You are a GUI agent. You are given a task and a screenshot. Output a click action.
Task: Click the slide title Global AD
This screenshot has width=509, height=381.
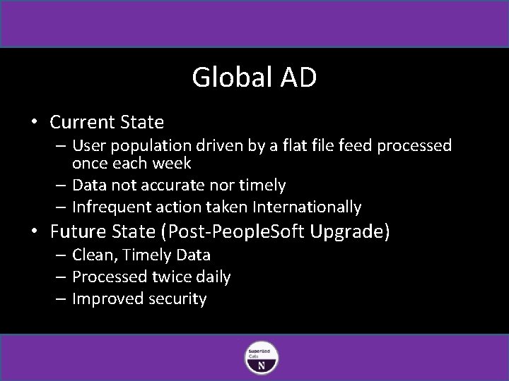click(254, 78)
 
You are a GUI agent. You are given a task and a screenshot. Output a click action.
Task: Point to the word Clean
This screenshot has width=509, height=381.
click(93, 255)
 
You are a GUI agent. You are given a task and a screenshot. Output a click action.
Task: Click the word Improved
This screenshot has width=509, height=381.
click(109, 299)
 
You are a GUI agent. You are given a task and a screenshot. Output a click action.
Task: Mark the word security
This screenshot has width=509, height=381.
click(179, 299)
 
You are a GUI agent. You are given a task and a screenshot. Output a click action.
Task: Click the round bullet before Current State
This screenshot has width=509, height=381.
click(33, 122)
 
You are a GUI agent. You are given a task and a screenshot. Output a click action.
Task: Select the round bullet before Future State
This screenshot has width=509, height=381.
click(33, 231)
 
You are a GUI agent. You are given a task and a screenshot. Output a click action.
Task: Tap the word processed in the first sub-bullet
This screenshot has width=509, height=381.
click(414, 146)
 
